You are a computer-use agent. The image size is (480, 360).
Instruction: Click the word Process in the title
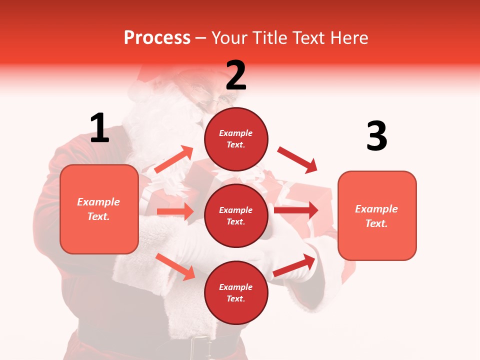point(157,38)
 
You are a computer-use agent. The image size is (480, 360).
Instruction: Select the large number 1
point(99,128)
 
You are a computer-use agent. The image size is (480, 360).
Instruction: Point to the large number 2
point(236,75)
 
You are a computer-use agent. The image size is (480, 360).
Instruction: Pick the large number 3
point(376,136)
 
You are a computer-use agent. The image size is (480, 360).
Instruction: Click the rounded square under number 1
point(99,209)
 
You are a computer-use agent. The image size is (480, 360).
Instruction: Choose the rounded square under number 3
point(377,216)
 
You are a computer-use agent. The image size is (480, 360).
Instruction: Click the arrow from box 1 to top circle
point(173,159)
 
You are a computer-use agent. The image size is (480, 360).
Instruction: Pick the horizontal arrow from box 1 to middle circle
point(175,211)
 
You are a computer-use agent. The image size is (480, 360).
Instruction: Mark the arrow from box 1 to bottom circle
point(175,266)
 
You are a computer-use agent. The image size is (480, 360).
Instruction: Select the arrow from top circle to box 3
point(297,160)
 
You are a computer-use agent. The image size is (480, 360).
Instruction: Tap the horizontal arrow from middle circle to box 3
point(296,210)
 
